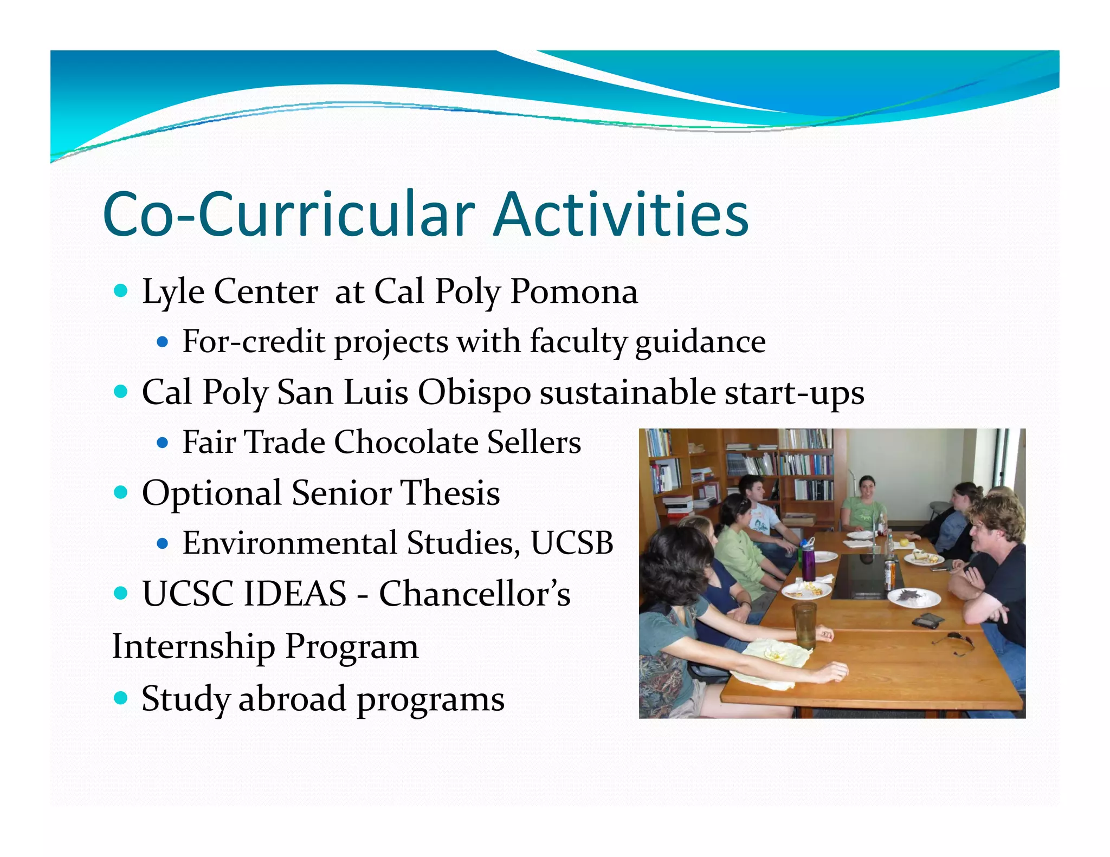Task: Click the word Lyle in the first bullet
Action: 173,293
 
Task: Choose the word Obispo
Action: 474,392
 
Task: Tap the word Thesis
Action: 450,493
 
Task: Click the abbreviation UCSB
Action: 572,543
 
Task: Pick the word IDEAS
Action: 295,594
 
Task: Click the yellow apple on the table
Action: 904,541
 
